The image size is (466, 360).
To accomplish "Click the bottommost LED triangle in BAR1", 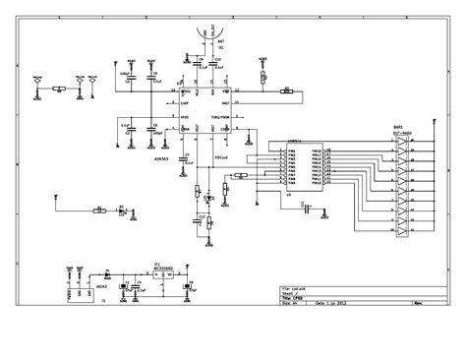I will coord(401,232).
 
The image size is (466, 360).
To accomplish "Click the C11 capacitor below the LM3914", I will coord(306,210).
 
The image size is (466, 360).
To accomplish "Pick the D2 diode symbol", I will coord(122,210).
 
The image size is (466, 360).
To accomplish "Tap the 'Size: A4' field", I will coord(290,305).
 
